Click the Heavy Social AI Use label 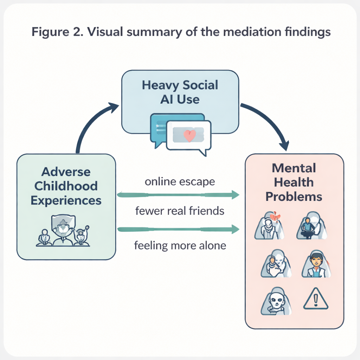[x=180, y=92]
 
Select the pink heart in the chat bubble [x=189, y=136]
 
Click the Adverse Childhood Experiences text [x=66, y=186]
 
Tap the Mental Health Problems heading [x=294, y=182]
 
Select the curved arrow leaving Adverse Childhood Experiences [x=88, y=123]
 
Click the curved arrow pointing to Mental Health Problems [x=271, y=123]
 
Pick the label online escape [x=180, y=182]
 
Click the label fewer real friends [x=180, y=211]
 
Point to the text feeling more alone [x=180, y=245]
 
